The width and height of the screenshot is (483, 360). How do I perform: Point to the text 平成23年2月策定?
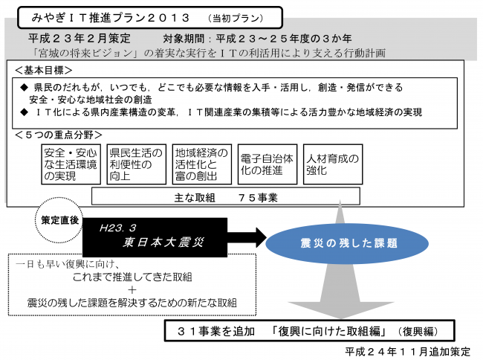pyautogui.click(x=80, y=37)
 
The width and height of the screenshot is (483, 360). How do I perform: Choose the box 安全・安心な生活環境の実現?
pyautogui.click(x=71, y=164)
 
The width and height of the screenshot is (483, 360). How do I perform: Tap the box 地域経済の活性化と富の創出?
pyautogui.click(x=201, y=164)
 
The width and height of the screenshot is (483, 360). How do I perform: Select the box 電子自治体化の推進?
pyautogui.click(x=268, y=164)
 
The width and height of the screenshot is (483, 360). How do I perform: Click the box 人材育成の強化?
pyautogui.click(x=332, y=164)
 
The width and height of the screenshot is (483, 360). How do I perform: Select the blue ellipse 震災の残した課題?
pyautogui.click(x=338, y=243)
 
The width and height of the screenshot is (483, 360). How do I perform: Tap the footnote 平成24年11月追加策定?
pyautogui.click(x=408, y=351)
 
